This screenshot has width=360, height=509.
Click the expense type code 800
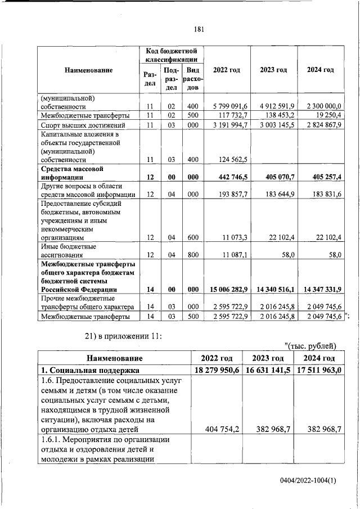point(192,255)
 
